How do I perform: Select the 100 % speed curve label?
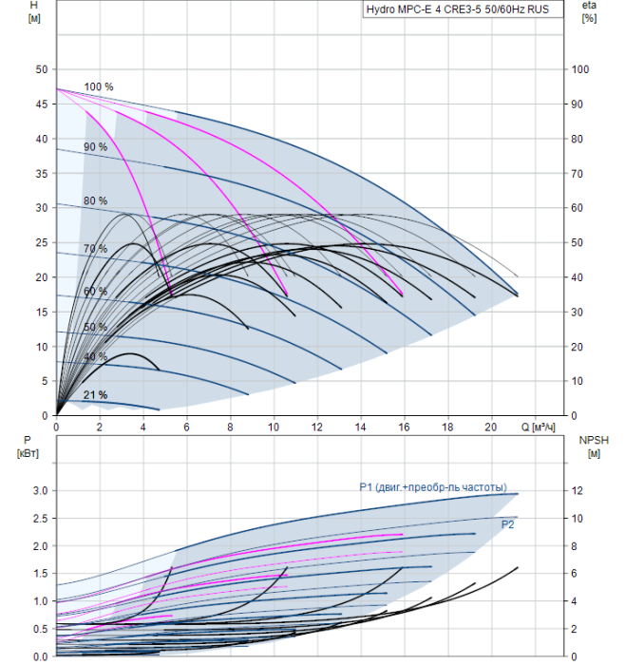click(98, 87)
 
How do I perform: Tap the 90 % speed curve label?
click(95, 147)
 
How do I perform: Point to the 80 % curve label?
click(95, 201)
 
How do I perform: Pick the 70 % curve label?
click(95, 249)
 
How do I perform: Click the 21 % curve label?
click(95, 395)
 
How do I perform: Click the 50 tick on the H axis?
click(41, 70)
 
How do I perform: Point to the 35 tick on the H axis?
click(41, 174)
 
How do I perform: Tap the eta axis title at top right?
click(589, 12)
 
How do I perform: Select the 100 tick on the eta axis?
click(580, 70)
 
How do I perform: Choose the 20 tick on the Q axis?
click(491, 427)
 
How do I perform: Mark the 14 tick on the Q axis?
click(360, 427)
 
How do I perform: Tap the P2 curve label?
click(507, 523)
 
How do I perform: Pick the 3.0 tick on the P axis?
click(39, 491)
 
